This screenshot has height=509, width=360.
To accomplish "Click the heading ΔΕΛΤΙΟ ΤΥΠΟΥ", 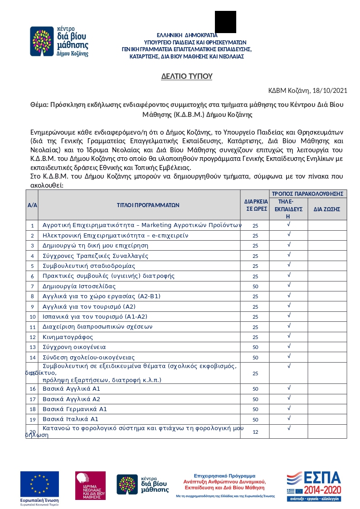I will point(187,76).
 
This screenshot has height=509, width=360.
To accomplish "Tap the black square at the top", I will point(225,22).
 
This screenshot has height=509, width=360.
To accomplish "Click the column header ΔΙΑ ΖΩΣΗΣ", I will point(327,209).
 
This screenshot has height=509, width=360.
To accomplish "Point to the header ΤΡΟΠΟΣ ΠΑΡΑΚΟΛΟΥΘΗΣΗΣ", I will point(307,194).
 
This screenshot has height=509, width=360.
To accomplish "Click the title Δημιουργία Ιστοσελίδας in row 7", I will point(79,286).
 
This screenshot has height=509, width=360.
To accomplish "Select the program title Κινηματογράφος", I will point(68,337).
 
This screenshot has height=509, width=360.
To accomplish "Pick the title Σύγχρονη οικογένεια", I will point(74,347).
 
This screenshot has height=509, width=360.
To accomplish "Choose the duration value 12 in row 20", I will point(255,432).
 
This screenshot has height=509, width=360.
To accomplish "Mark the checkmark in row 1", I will point(289,224).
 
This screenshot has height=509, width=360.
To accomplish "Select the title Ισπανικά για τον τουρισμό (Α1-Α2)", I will point(95,317).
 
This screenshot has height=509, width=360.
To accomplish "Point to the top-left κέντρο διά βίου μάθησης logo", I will point(59,41).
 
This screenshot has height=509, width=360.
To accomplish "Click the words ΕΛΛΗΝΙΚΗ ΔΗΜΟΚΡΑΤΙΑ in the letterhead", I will point(187,35).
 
